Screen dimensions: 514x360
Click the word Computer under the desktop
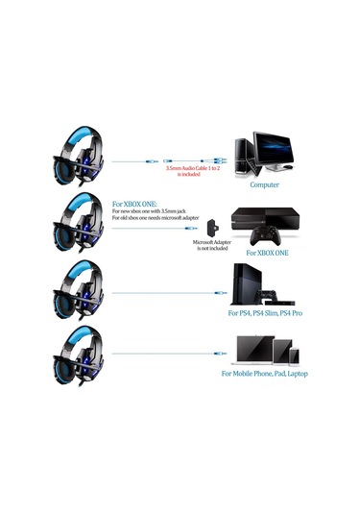point(264,184)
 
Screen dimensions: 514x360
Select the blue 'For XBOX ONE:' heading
point(134,205)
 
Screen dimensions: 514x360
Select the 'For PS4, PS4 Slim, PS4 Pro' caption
point(264,313)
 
